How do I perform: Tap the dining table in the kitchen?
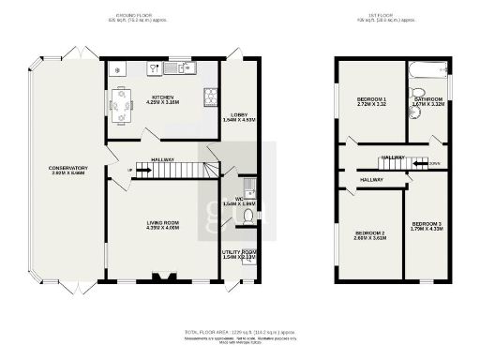(x=122, y=103)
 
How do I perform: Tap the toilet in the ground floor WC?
(x=247, y=216)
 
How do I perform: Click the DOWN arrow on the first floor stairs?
(x=433, y=163)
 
